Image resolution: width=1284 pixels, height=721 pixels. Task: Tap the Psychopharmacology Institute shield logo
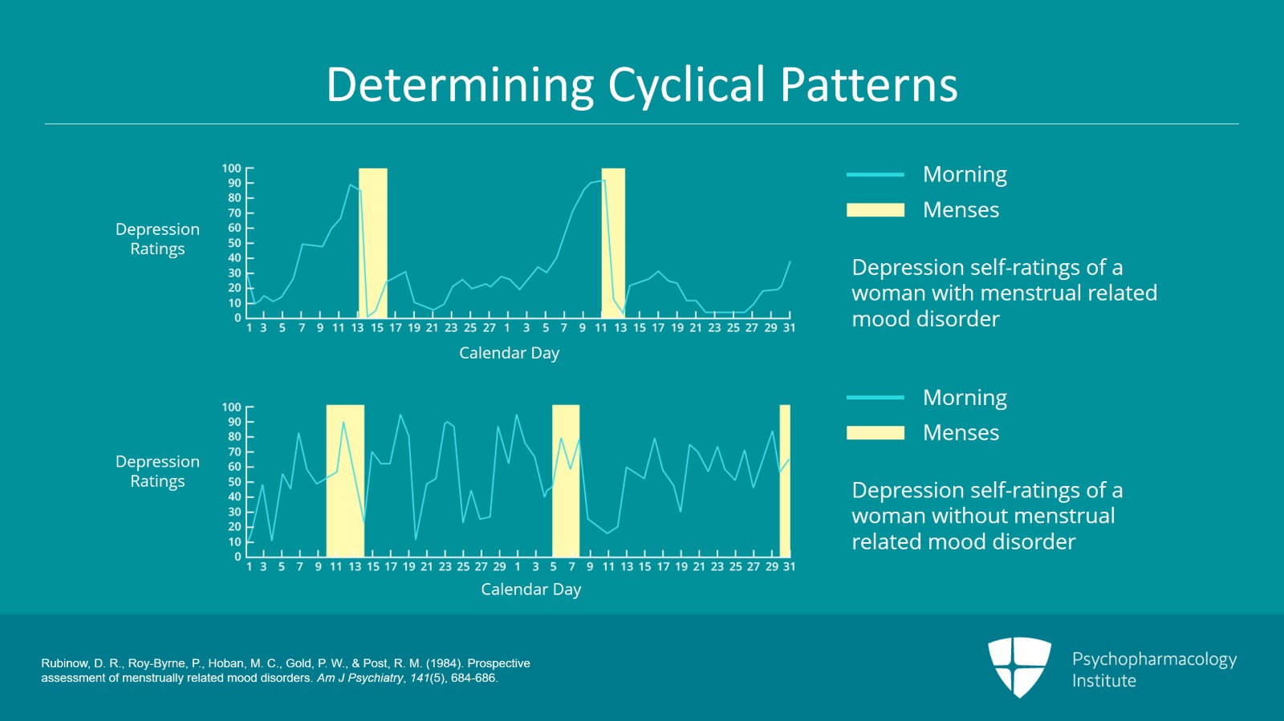click(1019, 666)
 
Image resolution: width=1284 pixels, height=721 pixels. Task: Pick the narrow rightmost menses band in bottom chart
click(785, 480)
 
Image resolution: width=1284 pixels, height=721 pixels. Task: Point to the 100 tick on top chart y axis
click(231, 168)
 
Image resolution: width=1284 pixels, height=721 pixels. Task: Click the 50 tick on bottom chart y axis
click(234, 482)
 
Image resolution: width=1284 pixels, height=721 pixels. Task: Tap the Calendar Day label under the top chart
click(509, 353)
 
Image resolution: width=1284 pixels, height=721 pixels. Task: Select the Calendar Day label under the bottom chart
click(530, 589)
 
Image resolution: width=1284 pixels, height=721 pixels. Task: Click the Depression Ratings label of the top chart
click(157, 239)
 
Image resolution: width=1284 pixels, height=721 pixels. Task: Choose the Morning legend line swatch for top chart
click(875, 174)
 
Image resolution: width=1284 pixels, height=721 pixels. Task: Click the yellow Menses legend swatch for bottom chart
click(875, 433)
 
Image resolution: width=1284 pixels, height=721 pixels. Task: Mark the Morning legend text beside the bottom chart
click(965, 398)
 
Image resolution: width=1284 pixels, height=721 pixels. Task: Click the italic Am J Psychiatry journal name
click(360, 678)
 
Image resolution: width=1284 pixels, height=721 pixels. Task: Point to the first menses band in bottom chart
click(345, 480)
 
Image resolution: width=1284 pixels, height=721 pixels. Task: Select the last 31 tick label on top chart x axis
click(789, 328)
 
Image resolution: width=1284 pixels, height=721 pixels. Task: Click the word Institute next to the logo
click(1103, 681)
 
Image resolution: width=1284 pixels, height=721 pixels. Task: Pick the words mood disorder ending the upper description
click(925, 319)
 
